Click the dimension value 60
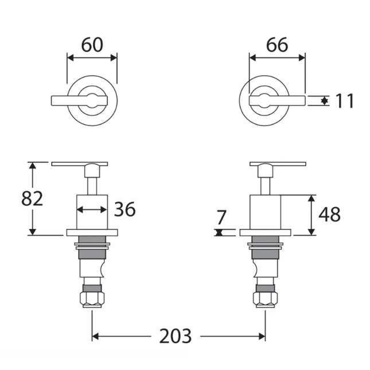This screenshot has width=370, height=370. click(x=92, y=44)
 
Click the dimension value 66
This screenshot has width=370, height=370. click(x=276, y=44)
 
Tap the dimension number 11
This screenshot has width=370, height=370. click(x=344, y=101)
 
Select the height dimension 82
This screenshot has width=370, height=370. click(x=33, y=198)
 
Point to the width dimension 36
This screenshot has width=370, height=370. click(x=124, y=209)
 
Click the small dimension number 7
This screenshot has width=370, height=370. click(x=222, y=217)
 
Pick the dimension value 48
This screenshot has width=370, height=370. click(x=329, y=215)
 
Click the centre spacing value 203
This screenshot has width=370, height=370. click(x=176, y=336)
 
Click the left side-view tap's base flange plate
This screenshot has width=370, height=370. click(x=92, y=232)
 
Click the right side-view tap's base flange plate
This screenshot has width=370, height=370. click(x=265, y=232)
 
